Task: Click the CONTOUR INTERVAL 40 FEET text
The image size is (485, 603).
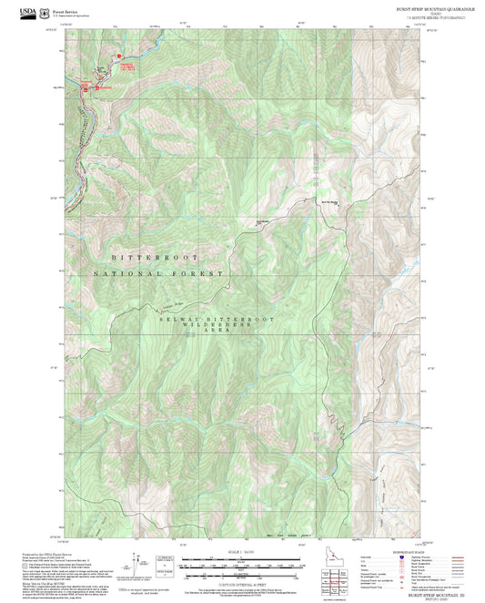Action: [x=241, y=586]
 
